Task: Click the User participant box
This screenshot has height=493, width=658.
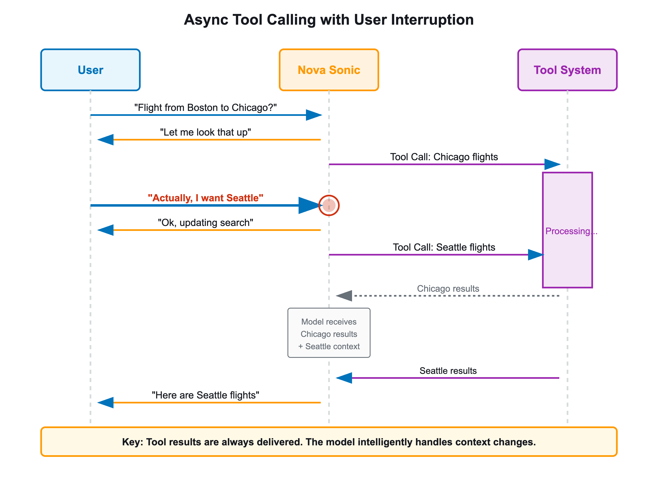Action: click(x=90, y=70)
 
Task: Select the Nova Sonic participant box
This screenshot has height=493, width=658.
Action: click(x=329, y=70)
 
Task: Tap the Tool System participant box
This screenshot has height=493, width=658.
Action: click(x=567, y=70)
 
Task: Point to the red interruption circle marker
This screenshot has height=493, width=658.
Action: click(x=329, y=205)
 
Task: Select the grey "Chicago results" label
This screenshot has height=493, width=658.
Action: click(x=448, y=289)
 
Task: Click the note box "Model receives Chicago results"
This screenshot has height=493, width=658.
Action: click(x=329, y=333)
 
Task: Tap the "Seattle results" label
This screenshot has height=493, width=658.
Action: click(x=448, y=371)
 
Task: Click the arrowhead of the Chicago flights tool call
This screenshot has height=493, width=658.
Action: click(x=552, y=164)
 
